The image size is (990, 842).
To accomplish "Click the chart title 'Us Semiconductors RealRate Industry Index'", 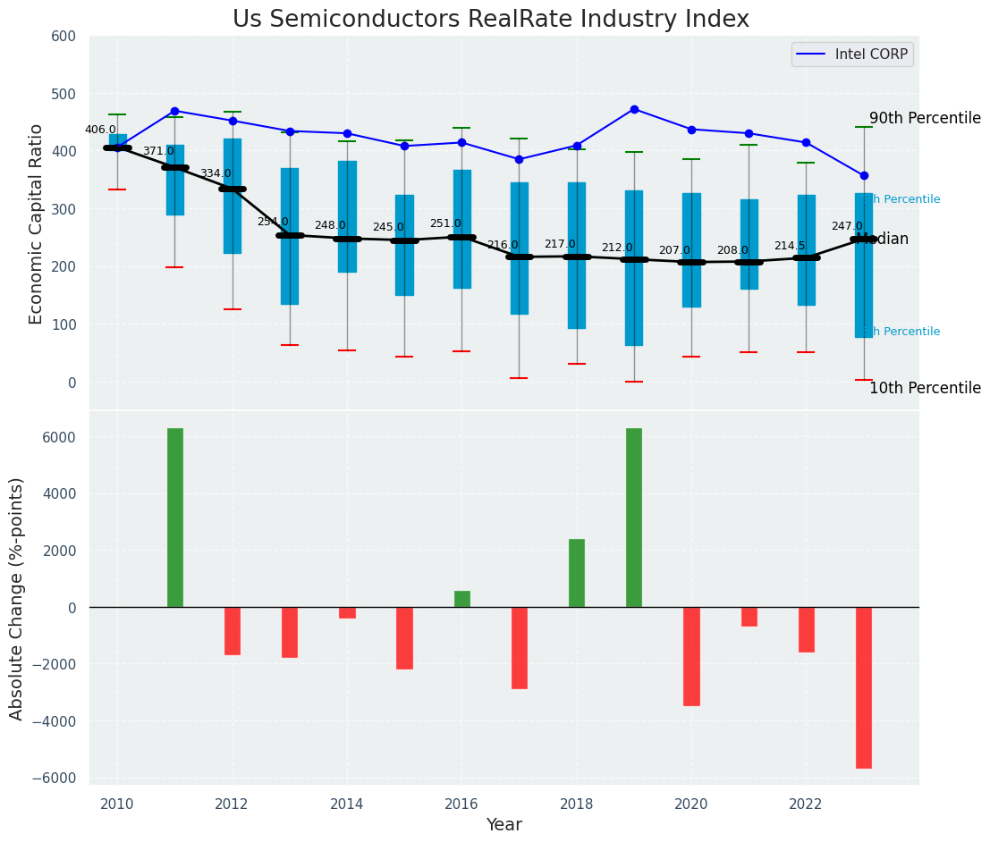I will pyautogui.click(x=491, y=20).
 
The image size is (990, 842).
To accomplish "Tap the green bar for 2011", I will pyautogui.click(x=174, y=518).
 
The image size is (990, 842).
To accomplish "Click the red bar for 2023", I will pyautogui.click(x=863, y=687).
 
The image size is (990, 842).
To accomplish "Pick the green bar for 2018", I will pyautogui.click(x=577, y=573).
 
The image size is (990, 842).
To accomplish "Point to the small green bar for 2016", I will pyautogui.click(x=461, y=599).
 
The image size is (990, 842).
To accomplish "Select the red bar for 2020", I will pyautogui.click(x=691, y=656).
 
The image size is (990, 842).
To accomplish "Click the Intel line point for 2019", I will pyautogui.click(x=634, y=109).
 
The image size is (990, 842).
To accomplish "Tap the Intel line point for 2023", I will pyautogui.click(x=864, y=176).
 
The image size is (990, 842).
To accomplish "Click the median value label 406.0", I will pyautogui.click(x=100, y=130).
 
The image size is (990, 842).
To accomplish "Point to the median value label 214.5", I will pyautogui.click(x=790, y=246).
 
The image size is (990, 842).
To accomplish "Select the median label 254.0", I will pyautogui.click(x=273, y=222).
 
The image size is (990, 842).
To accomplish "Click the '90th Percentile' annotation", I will pyautogui.click(x=925, y=119).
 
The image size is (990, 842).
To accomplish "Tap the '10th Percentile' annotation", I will pyautogui.click(x=925, y=388).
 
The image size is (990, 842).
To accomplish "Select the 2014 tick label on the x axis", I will pyautogui.click(x=346, y=804).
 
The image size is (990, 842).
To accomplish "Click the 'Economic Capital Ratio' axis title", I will pyautogui.click(x=37, y=223).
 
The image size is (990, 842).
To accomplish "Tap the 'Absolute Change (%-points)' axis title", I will pyautogui.click(x=17, y=598).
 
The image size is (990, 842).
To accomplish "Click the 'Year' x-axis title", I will pyautogui.click(x=503, y=824).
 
